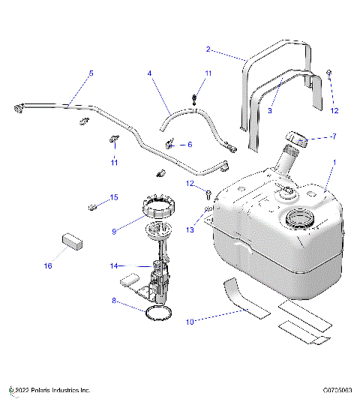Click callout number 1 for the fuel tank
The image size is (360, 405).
click(x=334, y=163)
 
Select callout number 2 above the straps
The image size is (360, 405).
click(x=208, y=49)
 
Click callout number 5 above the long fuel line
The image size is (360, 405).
click(x=91, y=73)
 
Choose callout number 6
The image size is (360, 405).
click(x=190, y=144)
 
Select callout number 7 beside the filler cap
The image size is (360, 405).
click(x=334, y=137)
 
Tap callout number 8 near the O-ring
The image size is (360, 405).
click(x=114, y=302)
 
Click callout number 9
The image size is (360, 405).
click(x=114, y=232)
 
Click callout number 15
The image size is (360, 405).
click(x=114, y=198)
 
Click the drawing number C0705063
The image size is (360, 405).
click(x=337, y=390)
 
